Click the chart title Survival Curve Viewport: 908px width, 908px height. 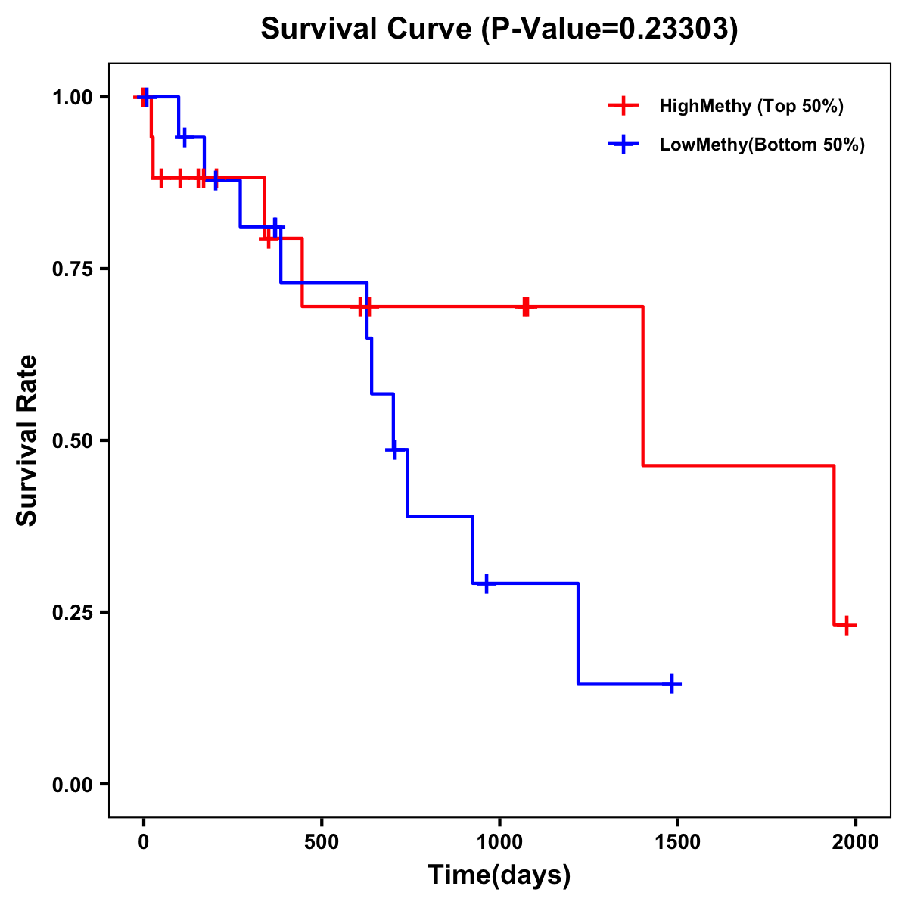499,29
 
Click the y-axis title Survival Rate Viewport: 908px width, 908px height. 27,440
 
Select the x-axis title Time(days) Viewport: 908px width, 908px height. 499,875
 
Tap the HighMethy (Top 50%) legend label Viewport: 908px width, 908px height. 751,106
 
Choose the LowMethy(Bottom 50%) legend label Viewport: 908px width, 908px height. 761,145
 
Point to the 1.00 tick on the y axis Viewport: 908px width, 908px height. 72,97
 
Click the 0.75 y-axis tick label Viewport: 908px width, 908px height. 72,269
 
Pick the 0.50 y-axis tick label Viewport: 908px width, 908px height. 72,440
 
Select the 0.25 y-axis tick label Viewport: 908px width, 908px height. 72,612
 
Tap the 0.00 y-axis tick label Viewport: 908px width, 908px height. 72,784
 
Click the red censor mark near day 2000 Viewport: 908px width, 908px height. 847,625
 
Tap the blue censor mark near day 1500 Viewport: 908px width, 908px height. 672,683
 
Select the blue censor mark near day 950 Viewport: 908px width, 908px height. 487,583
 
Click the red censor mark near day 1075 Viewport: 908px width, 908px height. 526,306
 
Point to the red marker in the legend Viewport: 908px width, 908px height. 623,106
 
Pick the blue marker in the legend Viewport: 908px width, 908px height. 623,145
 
